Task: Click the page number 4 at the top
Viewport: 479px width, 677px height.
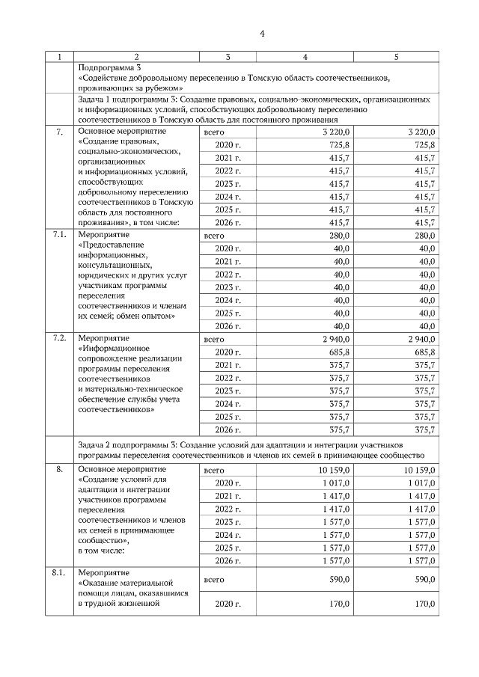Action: pos(263,33)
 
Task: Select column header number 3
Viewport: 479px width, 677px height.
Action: pos(228,56)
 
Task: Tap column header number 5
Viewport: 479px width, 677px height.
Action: pos(396,56)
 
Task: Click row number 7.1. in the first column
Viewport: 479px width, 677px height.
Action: pos(59,235)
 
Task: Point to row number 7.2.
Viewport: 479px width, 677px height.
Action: pos(59,338)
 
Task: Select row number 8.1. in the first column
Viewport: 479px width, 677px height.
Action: pos(59,572)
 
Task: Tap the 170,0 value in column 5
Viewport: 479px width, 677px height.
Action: pos(424,603)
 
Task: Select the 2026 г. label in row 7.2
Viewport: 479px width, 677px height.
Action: pos(228,429)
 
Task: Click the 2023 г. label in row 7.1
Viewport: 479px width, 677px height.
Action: pos(228,287)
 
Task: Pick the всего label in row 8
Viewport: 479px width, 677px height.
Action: pos(214,471)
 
